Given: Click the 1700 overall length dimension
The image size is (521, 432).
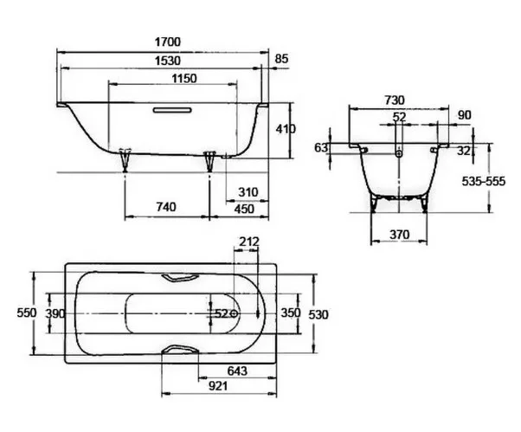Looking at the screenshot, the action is point(168,42).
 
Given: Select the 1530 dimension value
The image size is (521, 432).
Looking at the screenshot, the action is point(168,61).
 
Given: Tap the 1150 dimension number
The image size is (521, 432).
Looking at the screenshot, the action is point(184,79).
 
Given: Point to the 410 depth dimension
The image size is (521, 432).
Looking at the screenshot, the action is point(286,129).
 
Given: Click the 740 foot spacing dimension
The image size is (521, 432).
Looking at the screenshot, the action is point(166,207).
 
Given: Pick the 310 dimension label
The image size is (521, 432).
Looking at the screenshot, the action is point(248,192).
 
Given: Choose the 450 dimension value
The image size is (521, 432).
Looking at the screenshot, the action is point(244,209).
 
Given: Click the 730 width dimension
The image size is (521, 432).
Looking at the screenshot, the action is point(395,100).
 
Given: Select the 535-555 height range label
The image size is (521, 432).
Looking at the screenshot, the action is point(484,182).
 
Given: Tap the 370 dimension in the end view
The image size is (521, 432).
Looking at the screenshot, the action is point(399,235).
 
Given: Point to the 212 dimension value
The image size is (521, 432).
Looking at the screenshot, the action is point(249,242).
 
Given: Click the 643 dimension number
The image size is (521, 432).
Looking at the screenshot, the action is point(237,371).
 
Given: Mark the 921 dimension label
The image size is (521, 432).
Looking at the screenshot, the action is point(218,386).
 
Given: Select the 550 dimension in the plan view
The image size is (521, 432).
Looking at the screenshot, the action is point(27,313).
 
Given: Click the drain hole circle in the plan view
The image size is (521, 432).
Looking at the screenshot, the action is point(235,313).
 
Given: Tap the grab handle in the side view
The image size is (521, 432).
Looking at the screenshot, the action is point(172,110).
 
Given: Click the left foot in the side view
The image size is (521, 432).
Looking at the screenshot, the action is point(125,160).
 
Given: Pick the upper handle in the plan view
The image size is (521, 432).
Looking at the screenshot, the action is point(180,278).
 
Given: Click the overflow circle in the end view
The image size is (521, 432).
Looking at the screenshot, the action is point(399,153).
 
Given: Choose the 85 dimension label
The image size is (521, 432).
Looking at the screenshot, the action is point(282,59).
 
